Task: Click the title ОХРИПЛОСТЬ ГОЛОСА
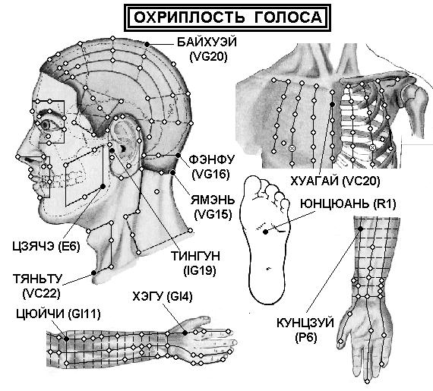coord(228,17)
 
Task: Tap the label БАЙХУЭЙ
coord(207,43)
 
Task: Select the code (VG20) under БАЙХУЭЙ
coord(208,57)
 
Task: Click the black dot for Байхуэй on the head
coord(147,44)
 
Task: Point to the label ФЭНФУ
coord(211,159)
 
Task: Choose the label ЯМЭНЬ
coord(213,200)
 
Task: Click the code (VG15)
coord(213,214)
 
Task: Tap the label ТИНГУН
coord(196,256)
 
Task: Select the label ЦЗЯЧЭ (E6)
coord(46,246)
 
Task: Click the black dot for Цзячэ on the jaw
coord(103,187)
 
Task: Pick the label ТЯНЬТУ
coord(37,279)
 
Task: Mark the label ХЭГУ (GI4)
coord(163,297)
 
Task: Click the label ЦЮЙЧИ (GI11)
coord(58,314)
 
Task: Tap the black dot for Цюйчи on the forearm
coord(67,339)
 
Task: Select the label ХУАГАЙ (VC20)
coord(335,181)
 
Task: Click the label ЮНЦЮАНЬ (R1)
coord(348,204)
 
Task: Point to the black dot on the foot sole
coord(265,232)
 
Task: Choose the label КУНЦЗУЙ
coord(305,323)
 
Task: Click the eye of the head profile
coord(46,125)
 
